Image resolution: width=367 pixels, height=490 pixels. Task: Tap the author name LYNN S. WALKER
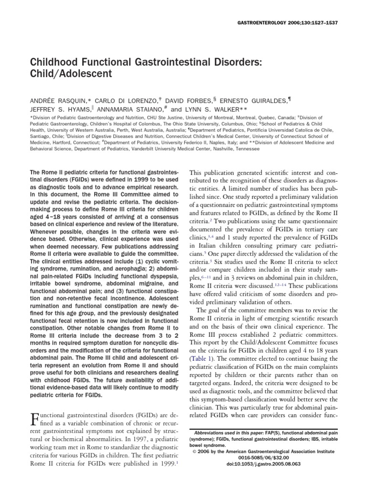tap(212, 109)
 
